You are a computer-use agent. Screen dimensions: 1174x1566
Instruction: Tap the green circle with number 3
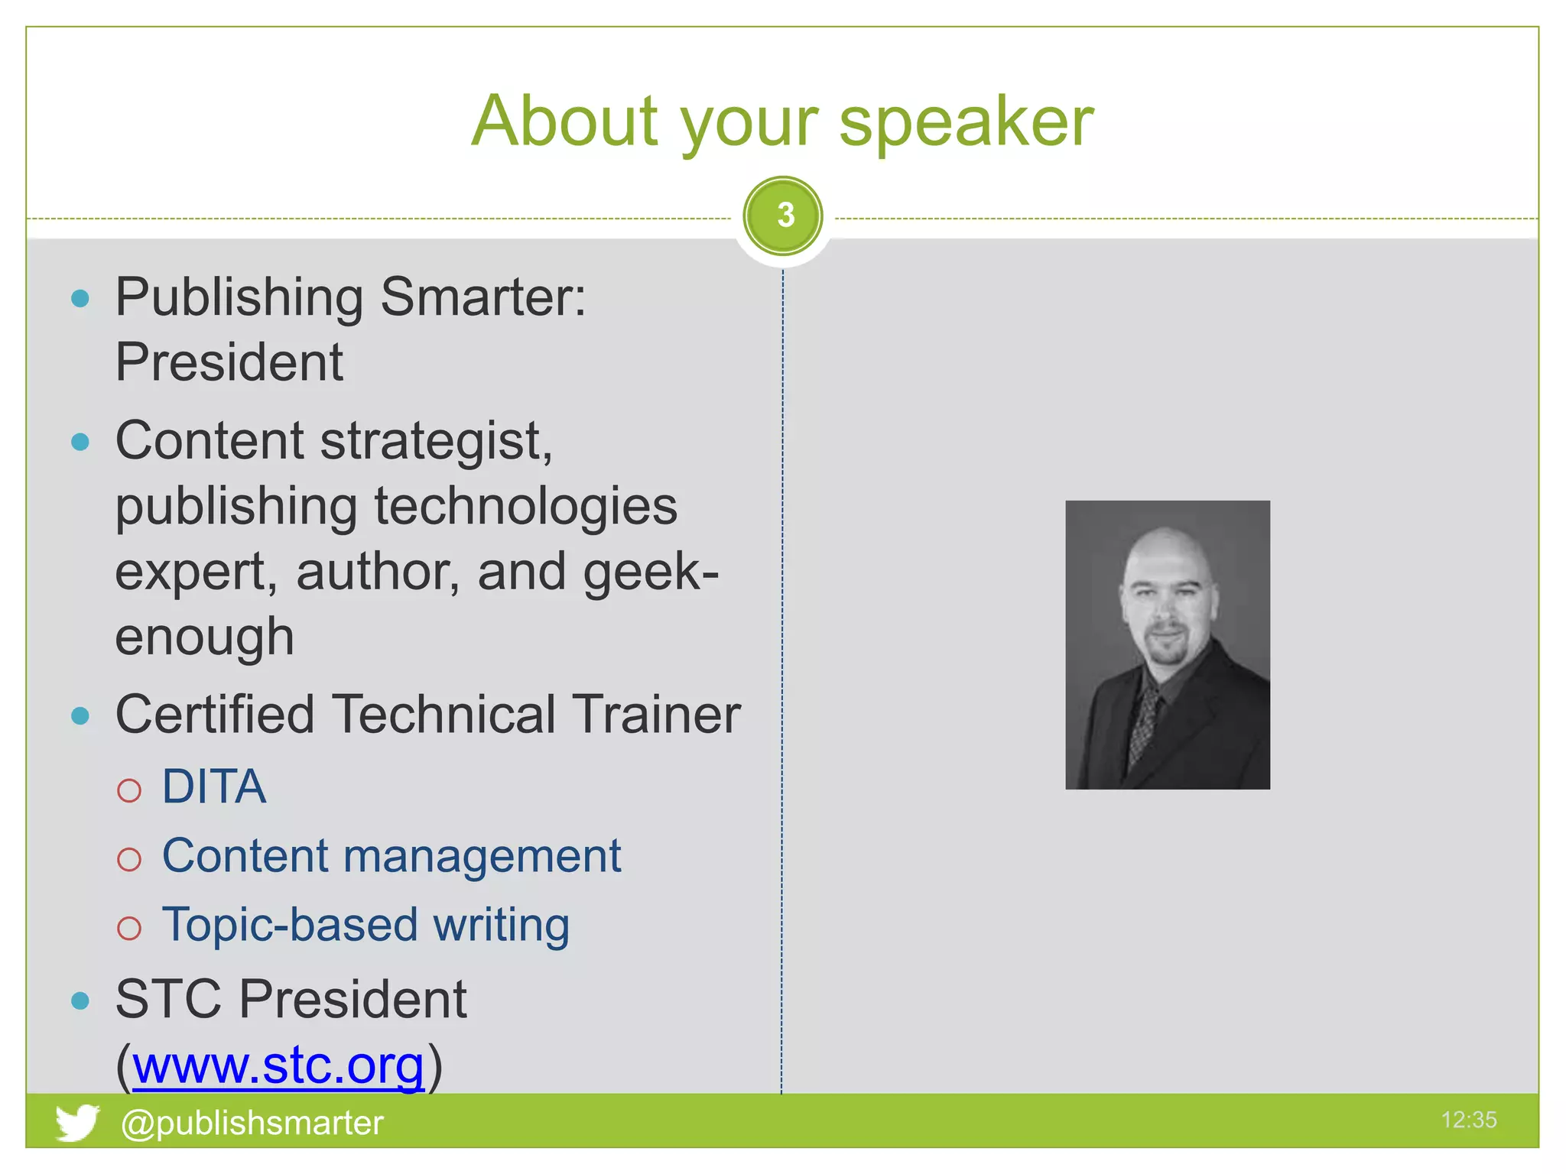tap(783, 216)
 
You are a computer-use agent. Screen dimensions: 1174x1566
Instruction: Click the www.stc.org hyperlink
tap(278, 1065)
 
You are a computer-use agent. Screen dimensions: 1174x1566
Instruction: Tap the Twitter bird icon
tap(76, 1122)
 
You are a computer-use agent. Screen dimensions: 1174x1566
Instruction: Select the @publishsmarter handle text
tap(252, 1123)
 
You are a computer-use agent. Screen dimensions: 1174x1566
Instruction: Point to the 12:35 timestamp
tap(1468, 1120)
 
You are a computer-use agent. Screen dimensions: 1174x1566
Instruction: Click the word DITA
tap(214, 786)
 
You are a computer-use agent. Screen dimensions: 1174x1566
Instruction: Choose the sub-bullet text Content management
tap(391, 855)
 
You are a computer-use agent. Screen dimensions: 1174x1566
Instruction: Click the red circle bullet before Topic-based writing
tap(129, 928)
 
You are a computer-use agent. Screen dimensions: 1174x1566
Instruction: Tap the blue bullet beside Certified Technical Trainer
tap(80, 715)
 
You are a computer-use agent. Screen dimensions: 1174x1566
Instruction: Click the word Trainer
tap(658, 715)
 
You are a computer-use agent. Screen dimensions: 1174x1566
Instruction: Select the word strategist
tap(436, 442)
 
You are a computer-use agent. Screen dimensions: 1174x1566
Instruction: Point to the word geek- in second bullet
tap(650, 572)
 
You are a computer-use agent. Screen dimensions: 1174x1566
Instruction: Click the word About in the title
tap(564, 122)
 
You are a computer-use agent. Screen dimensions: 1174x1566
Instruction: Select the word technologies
tap(526, 507)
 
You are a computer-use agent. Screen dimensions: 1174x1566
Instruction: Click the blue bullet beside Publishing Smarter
tap(80, 298)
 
